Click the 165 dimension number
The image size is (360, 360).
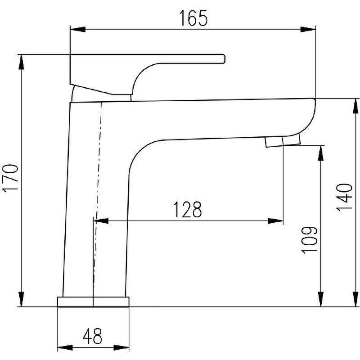[193, 18]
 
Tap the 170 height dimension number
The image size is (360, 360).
[10, 177]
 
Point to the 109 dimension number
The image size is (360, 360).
[309, 240]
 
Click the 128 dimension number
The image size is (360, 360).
[187, 209]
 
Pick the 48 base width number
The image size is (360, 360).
[92, 336]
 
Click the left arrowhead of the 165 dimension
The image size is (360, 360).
[77, 29]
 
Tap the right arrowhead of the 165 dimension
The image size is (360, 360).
[308, 29]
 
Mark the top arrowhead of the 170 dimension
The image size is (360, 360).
[21, 62]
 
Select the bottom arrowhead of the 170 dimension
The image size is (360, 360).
[21, 299]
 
